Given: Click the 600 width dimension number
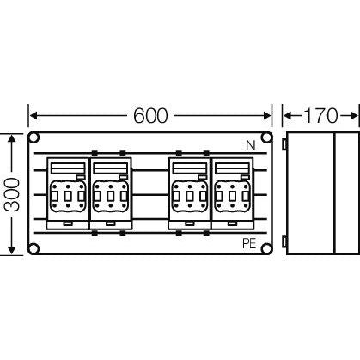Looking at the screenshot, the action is coord(150,116).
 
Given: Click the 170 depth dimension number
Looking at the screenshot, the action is coord(320,116).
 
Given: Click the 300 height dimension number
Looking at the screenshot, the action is coord(12,195).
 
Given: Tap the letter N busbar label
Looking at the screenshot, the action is coord(251,146).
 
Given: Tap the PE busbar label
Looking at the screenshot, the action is coord(249,244).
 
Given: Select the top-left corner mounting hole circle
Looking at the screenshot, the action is coord(34,137).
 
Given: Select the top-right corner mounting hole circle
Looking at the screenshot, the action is coord(266,137).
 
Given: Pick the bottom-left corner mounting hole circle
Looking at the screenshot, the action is coord(34,248).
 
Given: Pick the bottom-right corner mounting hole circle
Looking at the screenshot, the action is coord(266,248).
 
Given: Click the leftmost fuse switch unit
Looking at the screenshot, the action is coord(68,193).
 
